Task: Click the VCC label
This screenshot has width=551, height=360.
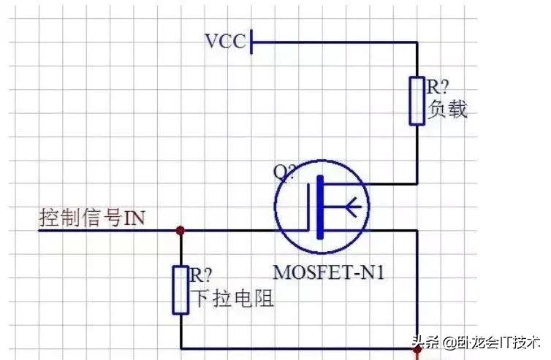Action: click(x=226, y=41)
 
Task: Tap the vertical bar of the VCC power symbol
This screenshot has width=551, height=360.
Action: click(x=251, y=42)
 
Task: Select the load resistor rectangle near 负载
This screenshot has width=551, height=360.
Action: click(x=417, y=101)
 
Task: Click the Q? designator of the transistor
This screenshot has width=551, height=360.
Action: click(x=285, y=172)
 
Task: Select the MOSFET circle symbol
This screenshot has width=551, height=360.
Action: click(x=321, y=206)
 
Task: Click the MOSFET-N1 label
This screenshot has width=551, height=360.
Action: click(x=329, y=273)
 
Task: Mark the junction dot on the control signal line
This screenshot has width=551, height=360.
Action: click(x=180, y=231)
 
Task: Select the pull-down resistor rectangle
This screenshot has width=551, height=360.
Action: click(x=180, y=290)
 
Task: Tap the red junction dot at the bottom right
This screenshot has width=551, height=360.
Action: click(x=417, y=349)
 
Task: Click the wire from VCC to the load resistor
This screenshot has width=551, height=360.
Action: click(x=336, y=42)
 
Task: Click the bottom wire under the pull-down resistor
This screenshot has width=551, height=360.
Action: click(x=292, y=349)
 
